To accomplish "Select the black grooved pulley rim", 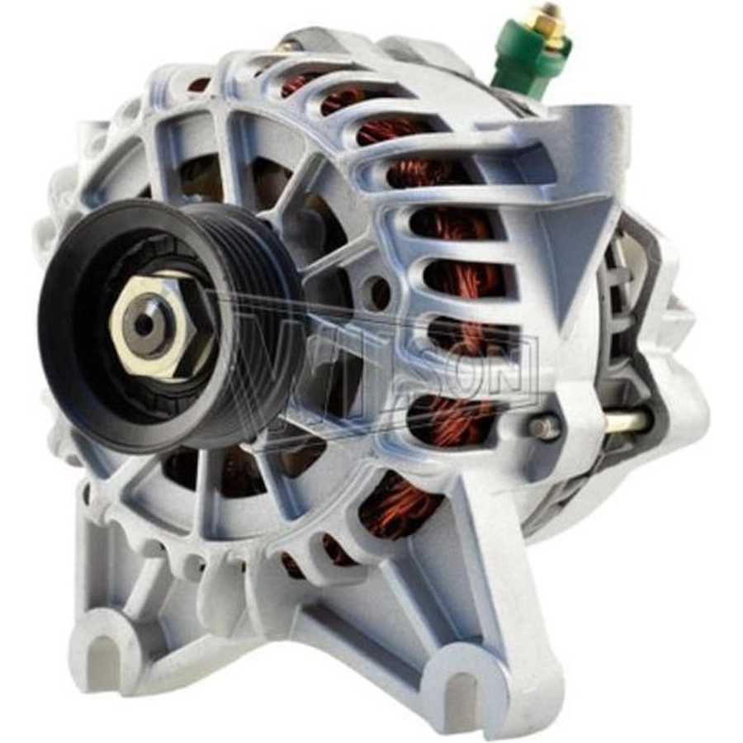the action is click(x=171, y=327).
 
